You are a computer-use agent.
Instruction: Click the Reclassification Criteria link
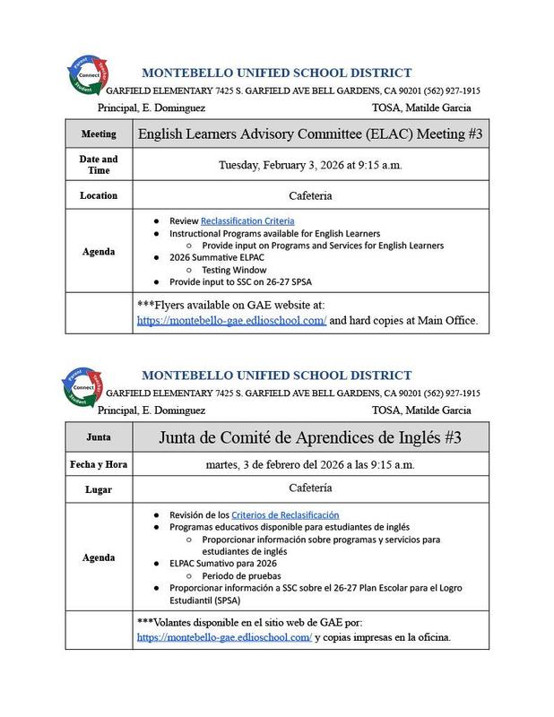(x=247, y=220)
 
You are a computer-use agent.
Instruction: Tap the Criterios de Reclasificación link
(x=285, y=514)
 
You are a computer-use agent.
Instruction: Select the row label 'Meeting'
(x=99, y=134)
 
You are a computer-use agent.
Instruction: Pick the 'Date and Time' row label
(x=99, y=165)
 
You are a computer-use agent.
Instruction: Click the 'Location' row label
(x=99, y=194)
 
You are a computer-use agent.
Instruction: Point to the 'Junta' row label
(x=99, y=436)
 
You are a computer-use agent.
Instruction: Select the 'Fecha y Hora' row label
(x=99, y=465)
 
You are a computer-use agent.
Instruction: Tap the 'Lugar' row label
(x=99, y=489)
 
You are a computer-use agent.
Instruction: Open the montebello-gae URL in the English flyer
(x=231, y=320)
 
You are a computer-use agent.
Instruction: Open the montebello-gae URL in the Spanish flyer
(x=224, y=637)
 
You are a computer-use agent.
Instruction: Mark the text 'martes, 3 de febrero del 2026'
(x=269, y=465)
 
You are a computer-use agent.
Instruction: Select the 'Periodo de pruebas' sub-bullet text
(x=242, y=575)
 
